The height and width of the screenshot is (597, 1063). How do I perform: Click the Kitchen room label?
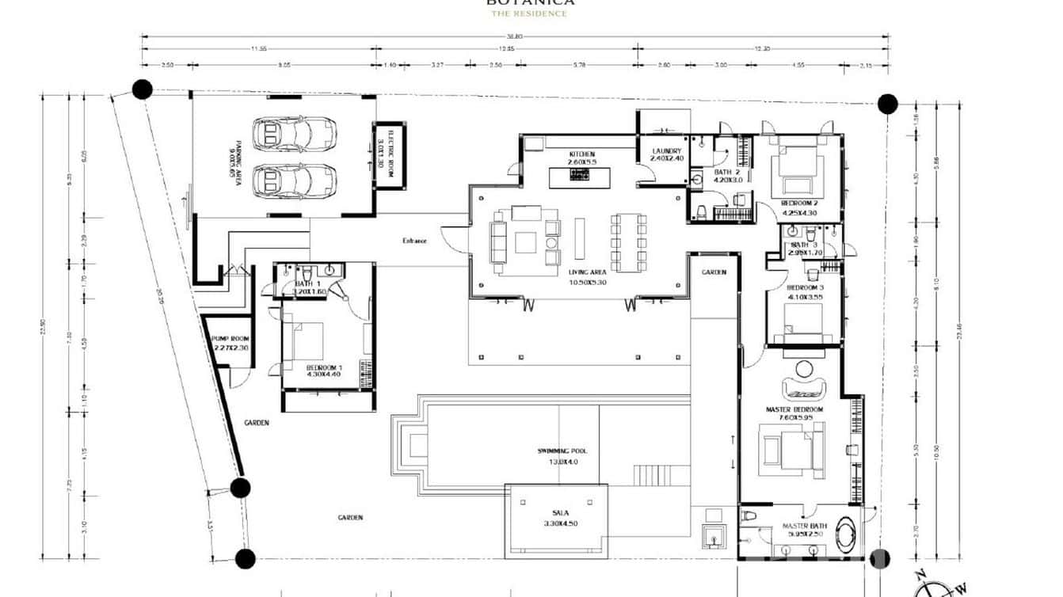[x=581, y=154]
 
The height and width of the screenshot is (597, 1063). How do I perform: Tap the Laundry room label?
[x=666, y=151]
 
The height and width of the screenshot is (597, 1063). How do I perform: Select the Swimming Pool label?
[x=562, y=451]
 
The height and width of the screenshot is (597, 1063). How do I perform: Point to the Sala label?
[x=560, y=513]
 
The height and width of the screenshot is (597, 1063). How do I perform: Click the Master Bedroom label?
[x=794, y=409]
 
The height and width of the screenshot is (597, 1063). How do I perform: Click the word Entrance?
[x=414, y=241]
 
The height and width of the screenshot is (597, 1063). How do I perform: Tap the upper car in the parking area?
[x=294, y=134]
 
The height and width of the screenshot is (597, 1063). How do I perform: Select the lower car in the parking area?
[x=294, y=181]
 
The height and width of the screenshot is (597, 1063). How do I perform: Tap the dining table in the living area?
[x=628, y=242]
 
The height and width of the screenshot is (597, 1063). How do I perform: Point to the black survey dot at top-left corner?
[x=142, y=89]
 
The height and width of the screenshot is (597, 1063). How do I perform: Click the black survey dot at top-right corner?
[x=887, y=104]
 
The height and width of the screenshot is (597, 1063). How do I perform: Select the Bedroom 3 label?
[x=805, y=287]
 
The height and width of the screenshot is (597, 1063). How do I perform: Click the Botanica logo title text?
[x=531, y=2]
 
